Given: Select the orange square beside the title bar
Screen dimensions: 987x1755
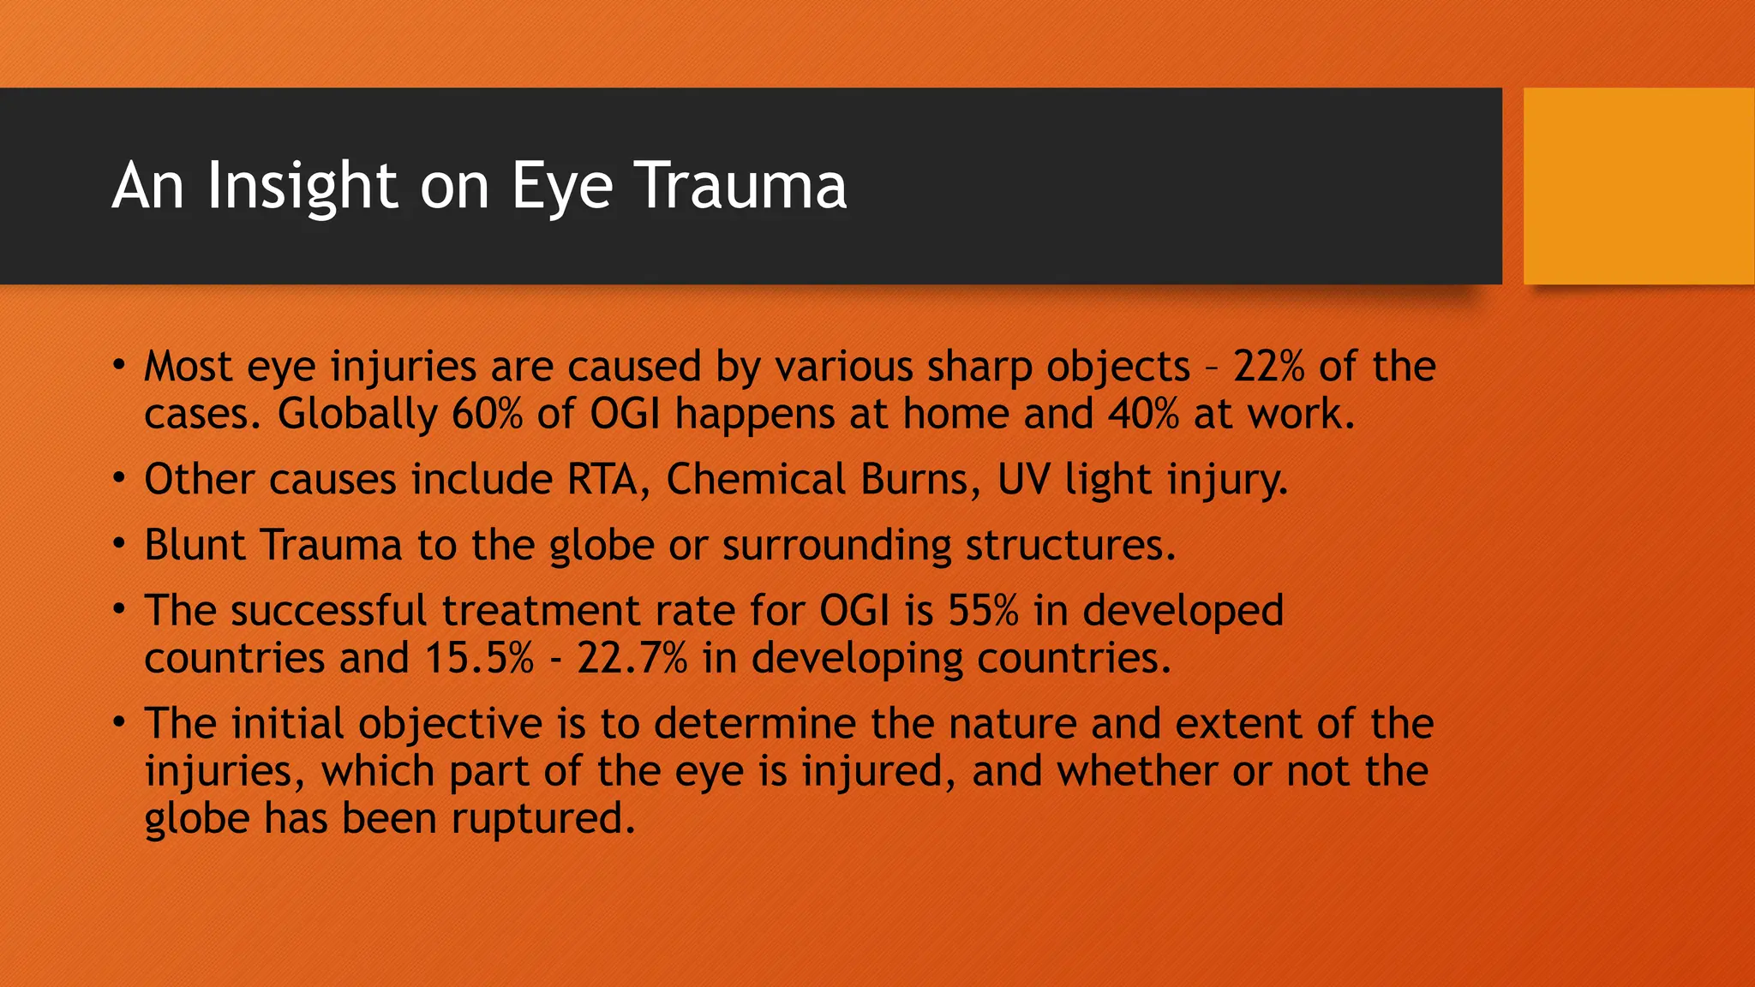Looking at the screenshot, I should (x=1638, y=186).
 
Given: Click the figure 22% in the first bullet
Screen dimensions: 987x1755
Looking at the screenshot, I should (x=1268, y=367).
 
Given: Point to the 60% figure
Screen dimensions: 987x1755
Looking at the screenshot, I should (x=487, y=414).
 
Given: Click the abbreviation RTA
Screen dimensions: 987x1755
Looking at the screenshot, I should (x=602, y=479).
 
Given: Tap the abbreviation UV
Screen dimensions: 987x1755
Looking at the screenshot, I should (x=1023, y=479).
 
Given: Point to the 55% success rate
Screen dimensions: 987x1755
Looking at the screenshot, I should (x=983, y=611).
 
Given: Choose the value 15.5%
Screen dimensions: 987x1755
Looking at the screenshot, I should (x=479, y=658).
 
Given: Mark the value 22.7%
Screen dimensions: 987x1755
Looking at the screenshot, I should (x=632, y=658).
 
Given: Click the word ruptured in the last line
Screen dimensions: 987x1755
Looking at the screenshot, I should (x=543, y=818).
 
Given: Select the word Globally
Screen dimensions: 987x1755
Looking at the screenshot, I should (x=357, y=414).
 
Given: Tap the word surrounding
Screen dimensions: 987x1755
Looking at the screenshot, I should (x=836, y=546).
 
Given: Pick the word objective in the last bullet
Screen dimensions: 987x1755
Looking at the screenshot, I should (x=451, y=724).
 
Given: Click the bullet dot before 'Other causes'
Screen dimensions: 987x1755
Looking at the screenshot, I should (x=120, y=477).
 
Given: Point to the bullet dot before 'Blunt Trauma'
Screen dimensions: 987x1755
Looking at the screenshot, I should (x=120, y=543).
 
